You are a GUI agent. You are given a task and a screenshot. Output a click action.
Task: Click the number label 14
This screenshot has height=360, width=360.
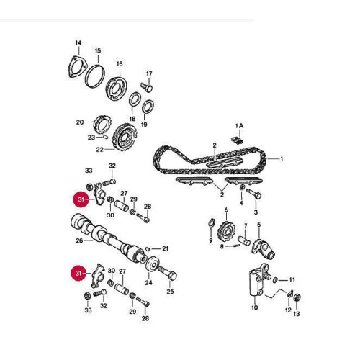coord(78,43)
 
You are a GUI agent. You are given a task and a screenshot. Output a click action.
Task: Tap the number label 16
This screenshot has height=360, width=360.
coord(120,63)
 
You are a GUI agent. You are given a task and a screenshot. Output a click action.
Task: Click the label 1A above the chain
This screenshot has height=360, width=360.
coord(240,125)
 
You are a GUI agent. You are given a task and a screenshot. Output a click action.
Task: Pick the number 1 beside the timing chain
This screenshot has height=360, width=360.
coord(282,158)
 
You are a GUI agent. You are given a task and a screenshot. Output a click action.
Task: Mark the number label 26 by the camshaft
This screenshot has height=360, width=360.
coord(80,240)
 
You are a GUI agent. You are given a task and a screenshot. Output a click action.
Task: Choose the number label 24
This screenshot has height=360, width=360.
coord(148,283)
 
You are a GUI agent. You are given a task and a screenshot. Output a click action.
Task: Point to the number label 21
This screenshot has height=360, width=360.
coord(165,248)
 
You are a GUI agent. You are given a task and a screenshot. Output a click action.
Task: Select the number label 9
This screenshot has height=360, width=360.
coord(210,240)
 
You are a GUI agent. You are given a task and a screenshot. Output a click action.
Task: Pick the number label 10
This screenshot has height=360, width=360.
coord(253,307)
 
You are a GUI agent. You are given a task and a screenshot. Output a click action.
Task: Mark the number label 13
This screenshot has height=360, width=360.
coord(297,314)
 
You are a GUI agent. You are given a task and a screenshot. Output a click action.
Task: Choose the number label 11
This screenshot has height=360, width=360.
coord(292,279)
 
